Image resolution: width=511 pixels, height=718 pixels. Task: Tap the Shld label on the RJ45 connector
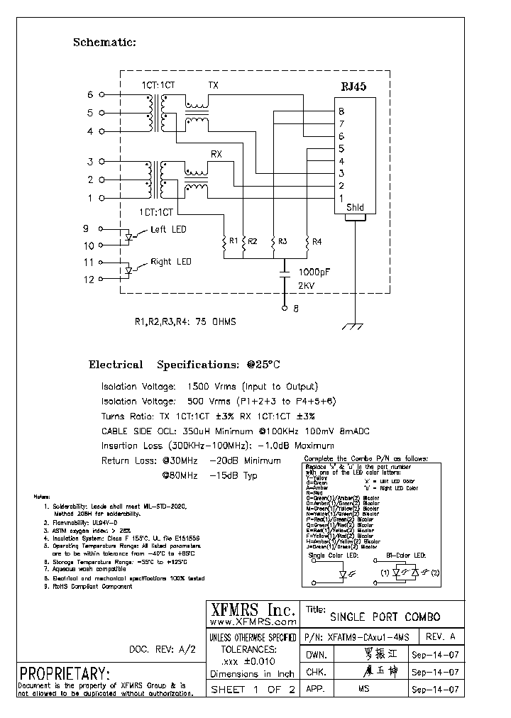(x=355, y=209)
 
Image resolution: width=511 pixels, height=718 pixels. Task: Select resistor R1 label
(x=232, y=241)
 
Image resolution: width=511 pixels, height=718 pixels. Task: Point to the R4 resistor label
(x=317, y=241)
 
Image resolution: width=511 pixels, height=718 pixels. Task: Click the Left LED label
(x=168, y=230)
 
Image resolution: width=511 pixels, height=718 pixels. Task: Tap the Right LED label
(x=170, y=262)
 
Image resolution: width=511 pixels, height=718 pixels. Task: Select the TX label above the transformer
(x=213, y=85)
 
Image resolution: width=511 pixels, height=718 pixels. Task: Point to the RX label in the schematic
(x=216, y=153)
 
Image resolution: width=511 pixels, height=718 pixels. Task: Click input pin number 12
(x=89, y=280)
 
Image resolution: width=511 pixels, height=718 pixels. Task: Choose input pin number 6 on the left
(x=90, y=94)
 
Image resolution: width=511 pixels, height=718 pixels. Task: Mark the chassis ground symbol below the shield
(x=355, y=326)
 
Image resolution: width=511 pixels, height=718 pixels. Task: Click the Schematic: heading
(x=104, y=43)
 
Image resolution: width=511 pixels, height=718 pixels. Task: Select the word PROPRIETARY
(x=65, y=673)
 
